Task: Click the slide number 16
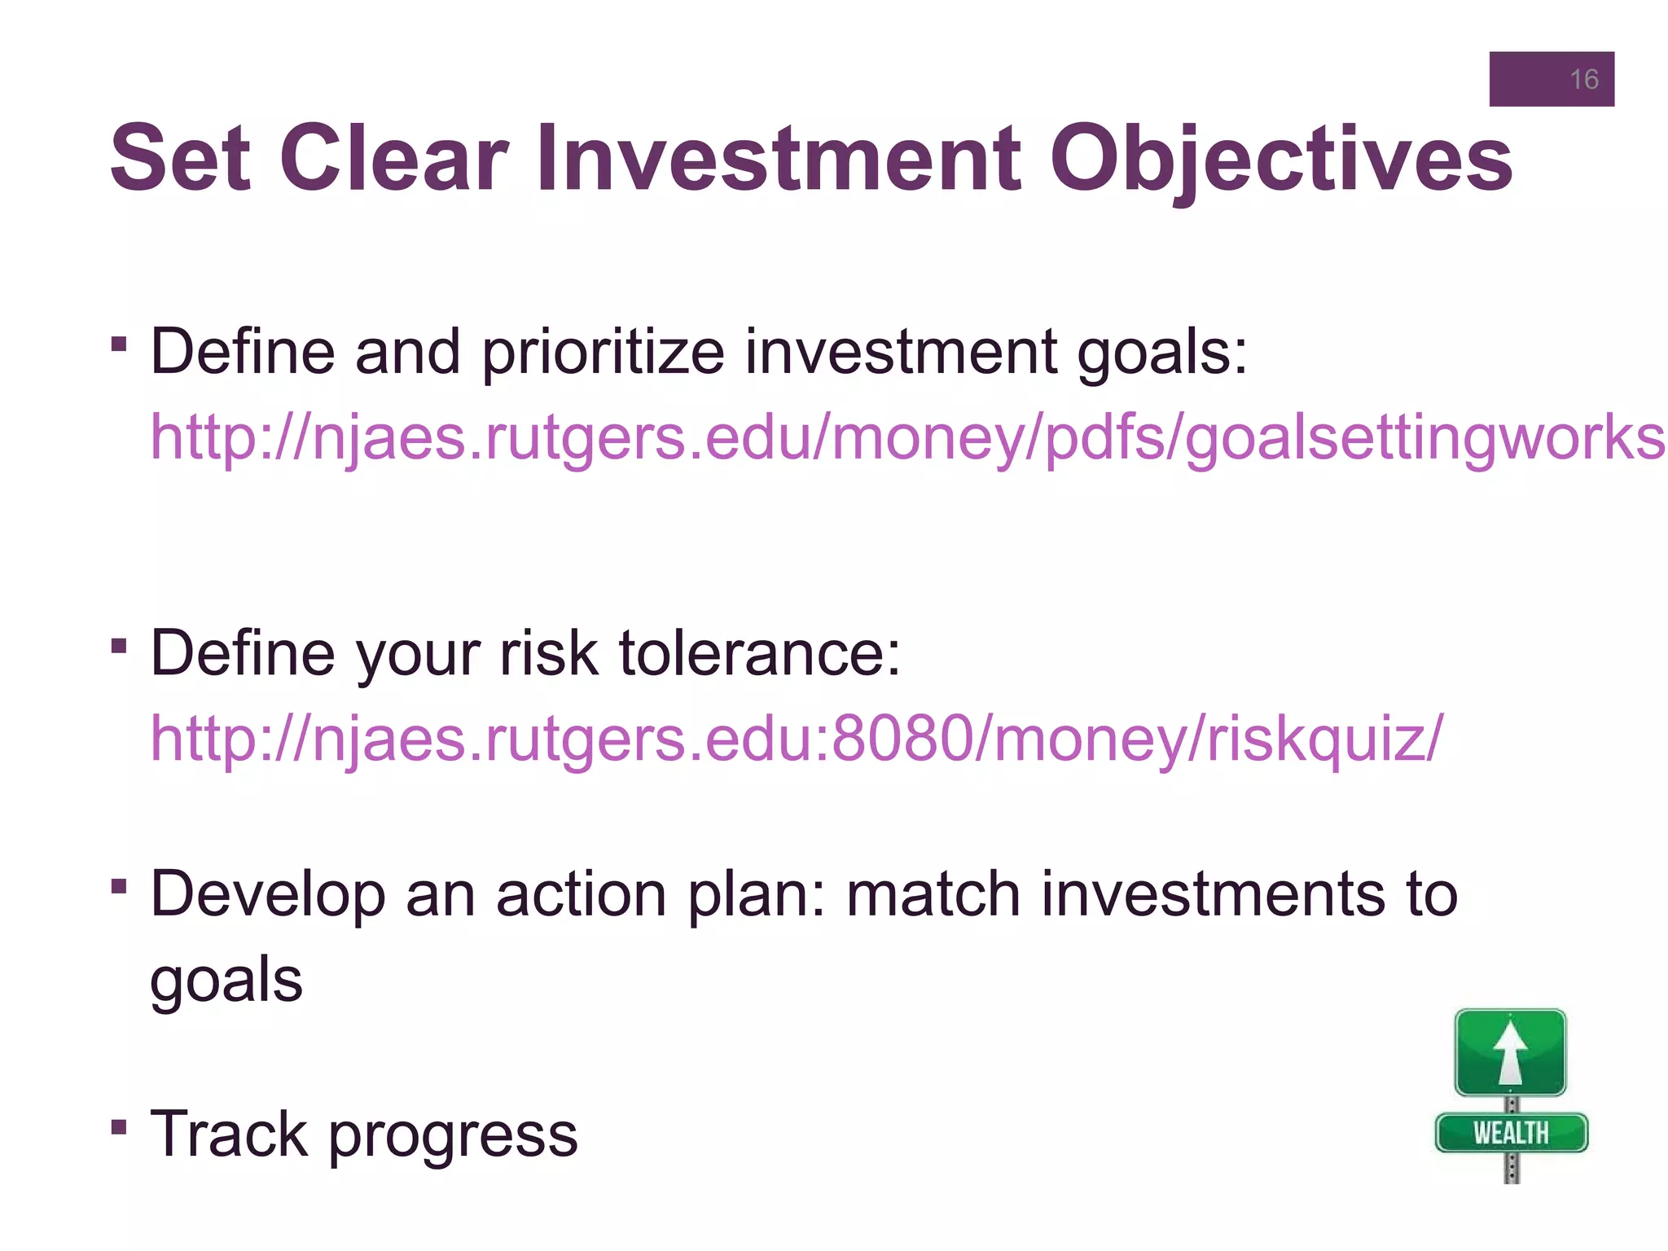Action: (1583, 79)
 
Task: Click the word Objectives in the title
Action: (1280, 159)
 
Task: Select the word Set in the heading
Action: (180, 159)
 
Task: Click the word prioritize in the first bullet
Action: (603, 353)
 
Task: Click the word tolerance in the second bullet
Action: (759, 654)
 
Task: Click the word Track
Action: (230, 1134)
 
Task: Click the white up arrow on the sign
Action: (1511, 1052)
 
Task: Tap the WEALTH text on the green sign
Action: (1511, 1133)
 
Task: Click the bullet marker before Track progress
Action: (119, 1127)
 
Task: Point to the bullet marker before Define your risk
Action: (119, 647)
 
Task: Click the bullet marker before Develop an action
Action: (119, 886)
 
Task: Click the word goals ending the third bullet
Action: (226, 981)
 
